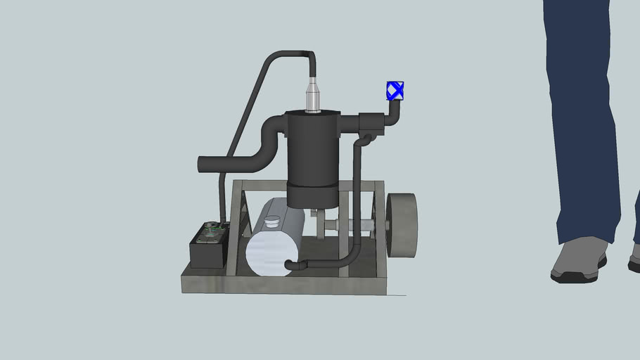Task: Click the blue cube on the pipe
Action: point(395,90)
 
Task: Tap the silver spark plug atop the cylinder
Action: point(312,96)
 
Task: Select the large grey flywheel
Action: point(402,225)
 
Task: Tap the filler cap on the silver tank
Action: point(271,224)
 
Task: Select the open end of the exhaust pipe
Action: point(201,165)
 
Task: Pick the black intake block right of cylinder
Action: point(371,124)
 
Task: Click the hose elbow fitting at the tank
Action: point(294,265)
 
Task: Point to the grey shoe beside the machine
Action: point(579,259)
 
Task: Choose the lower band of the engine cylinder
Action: point(312,195)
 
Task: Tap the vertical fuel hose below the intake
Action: point(357,204)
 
